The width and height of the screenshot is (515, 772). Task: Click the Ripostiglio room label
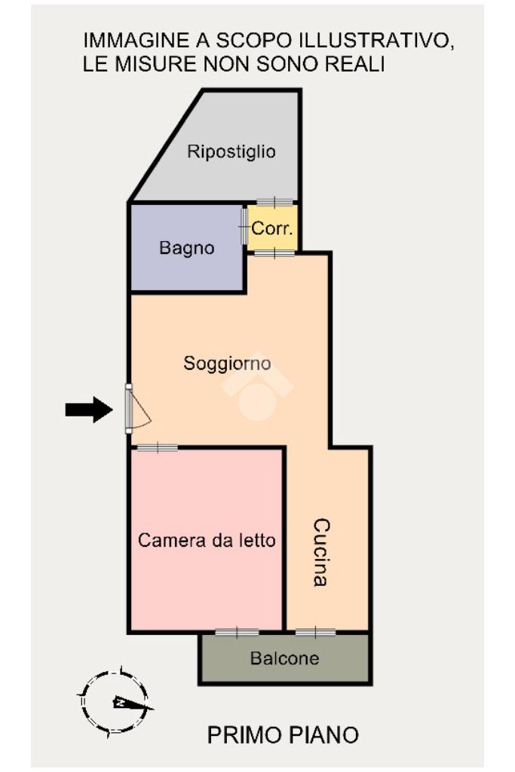[231, 151]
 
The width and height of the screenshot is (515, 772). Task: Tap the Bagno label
[187, 247]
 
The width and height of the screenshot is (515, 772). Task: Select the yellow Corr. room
[273, 228]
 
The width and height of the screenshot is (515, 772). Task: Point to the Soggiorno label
[227, 363]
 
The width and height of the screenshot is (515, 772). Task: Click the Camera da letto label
[207, 540]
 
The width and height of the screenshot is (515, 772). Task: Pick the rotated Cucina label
[321, 552]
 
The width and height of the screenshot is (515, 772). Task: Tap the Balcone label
[285, 658]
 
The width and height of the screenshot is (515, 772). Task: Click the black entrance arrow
[89, 410]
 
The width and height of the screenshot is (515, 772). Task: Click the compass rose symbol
[115, 702]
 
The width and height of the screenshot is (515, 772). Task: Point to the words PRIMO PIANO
[283, 735]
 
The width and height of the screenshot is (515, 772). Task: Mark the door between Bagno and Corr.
[244, 227]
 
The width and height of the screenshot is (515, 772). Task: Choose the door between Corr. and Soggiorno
[274, 254]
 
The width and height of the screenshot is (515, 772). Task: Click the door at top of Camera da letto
[157, 447]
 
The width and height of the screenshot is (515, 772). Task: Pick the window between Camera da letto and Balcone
[237, 632]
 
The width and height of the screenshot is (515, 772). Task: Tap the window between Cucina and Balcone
[315, 632]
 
